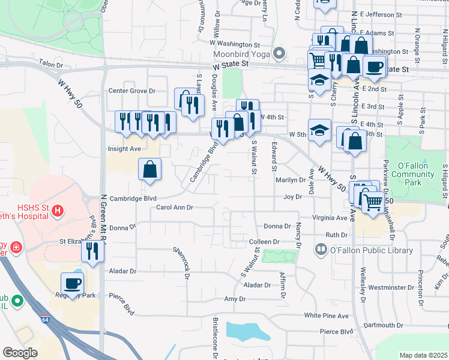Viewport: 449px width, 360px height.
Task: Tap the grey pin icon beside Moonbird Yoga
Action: (x=279, y=54)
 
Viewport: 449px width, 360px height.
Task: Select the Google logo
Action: (x=20, y=352)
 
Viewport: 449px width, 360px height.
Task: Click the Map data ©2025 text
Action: (x=423, y=355)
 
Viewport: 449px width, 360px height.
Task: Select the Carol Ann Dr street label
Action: (x=174, y=208)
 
